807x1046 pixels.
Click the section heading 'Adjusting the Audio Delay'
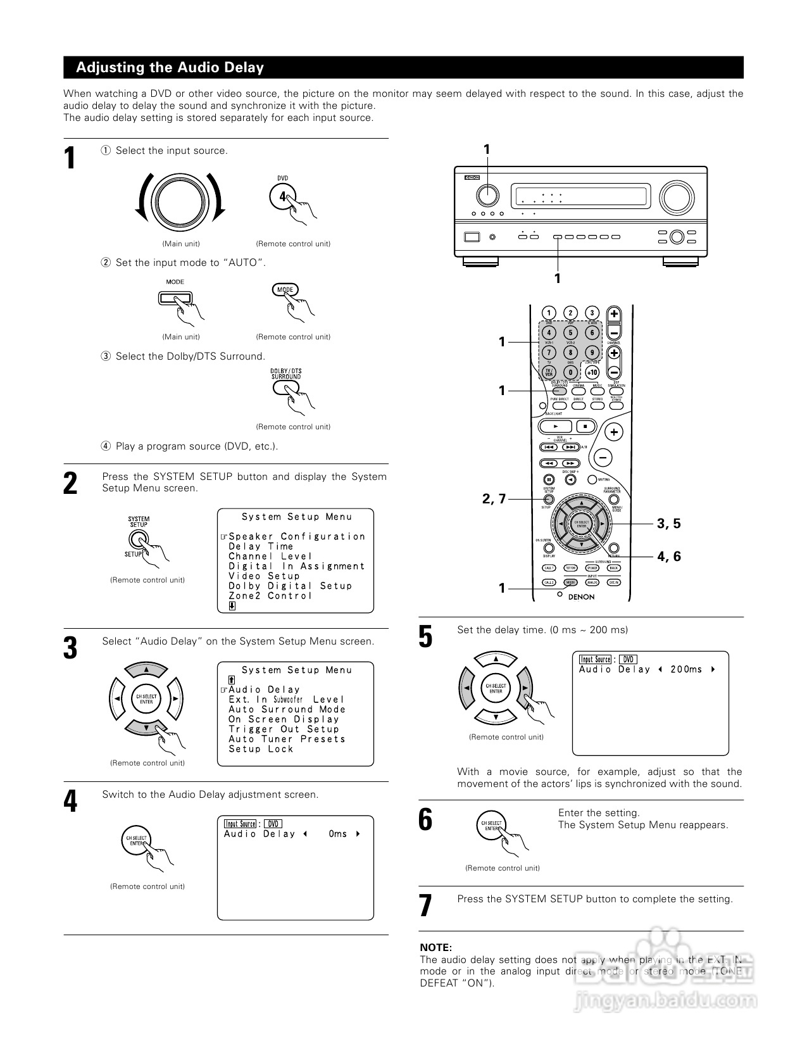point(170,68)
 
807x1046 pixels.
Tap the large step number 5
point(425,636)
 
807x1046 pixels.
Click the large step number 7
point(425,905)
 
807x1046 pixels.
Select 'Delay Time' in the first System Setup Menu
point(261,546)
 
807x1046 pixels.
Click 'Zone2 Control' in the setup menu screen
point(270,596)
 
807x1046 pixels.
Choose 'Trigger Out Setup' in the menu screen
point(284,729)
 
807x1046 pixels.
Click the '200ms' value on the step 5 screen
point(686,669)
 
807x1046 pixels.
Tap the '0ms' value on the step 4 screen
point(338,834)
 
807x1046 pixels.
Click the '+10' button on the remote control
point(592,372)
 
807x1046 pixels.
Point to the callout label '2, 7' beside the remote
point(494,499)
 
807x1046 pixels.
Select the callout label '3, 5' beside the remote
point(668,524)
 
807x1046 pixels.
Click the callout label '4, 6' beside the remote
point(668,557)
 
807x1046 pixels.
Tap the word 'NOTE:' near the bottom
point(435,947)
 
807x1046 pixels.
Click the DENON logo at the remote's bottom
point(580,596)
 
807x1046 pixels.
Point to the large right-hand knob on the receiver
point(676,198)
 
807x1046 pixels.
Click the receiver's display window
point(580,196)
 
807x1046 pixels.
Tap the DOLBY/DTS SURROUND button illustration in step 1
point(285,387)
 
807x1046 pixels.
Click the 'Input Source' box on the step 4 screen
point(241,824)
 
